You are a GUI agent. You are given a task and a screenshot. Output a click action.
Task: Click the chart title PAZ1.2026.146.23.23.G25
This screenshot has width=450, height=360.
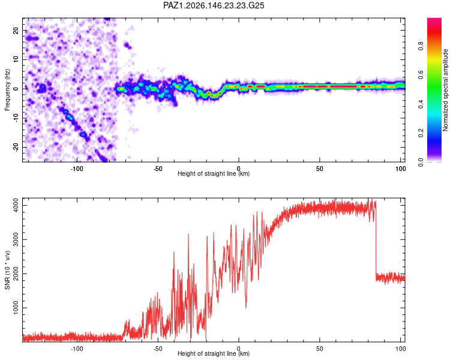coord(214,5)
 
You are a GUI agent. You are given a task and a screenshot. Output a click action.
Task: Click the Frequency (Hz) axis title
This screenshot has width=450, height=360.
coord(7,90)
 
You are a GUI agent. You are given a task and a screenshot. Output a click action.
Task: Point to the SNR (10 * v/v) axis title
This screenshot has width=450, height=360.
coord(7,270)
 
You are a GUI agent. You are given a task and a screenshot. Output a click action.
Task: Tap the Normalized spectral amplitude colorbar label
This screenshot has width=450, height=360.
coord(445,90)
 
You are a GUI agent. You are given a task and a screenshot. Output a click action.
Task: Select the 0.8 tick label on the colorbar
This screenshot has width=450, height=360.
coord(421,46)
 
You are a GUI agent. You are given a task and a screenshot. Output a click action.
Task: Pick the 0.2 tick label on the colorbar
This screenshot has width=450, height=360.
coord(421,133)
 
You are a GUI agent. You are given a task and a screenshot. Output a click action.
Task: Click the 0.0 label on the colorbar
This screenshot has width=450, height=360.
coord(421,162)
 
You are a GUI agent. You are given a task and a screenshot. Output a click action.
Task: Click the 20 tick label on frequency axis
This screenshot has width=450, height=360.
coord(16,30)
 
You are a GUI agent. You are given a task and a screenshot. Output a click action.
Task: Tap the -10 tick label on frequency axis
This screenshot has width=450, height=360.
coord(16,118)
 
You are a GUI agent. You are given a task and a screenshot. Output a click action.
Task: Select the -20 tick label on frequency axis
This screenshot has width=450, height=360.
coord(16,147)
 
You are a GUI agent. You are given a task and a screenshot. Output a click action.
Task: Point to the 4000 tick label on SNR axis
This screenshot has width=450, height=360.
coord(16,206)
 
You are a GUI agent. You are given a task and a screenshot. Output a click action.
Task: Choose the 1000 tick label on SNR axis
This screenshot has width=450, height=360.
coord(16,308)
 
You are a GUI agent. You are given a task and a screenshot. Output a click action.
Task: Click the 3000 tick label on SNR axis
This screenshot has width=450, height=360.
coord(16,240)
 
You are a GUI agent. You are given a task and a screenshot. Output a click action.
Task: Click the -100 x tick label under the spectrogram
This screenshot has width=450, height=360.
coord(77,169)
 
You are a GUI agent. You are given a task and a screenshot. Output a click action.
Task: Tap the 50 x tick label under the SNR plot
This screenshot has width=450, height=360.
coord(319,349)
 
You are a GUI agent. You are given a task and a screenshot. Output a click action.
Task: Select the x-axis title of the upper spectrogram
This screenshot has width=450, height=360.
coord(214,173)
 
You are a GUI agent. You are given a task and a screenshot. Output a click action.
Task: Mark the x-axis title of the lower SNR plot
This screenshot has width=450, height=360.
coord(214,353)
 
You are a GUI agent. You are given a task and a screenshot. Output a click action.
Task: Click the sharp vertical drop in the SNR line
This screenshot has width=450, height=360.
coord(376,238)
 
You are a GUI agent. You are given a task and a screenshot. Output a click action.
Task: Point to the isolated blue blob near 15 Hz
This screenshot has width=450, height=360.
coord(127,45)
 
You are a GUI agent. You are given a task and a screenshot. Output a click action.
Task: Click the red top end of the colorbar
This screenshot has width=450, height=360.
coord(434,20)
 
